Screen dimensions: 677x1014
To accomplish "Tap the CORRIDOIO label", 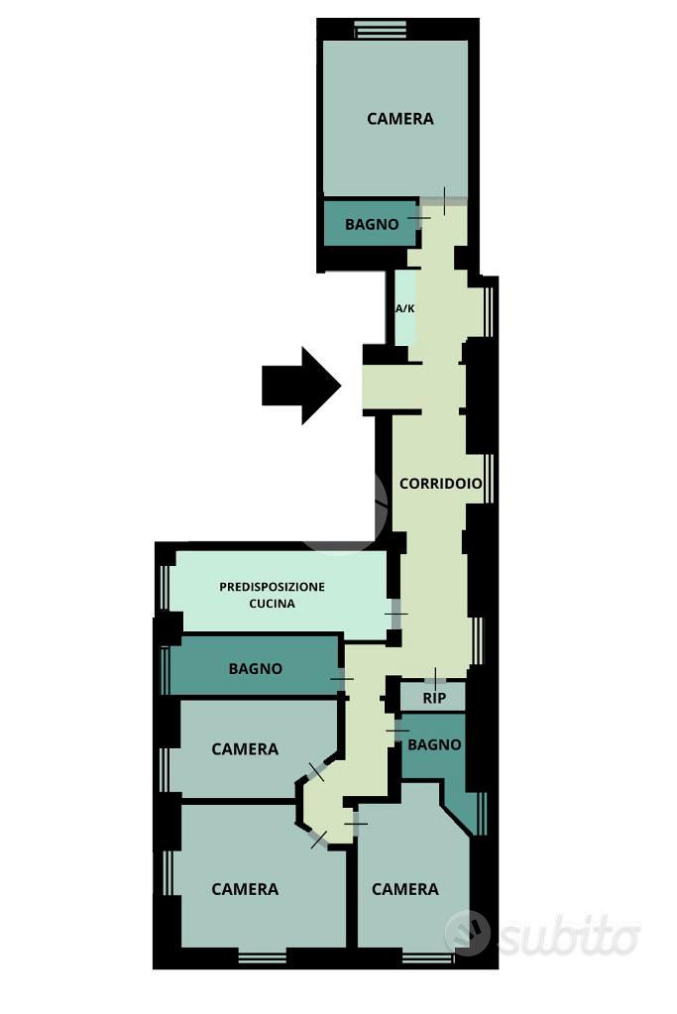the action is click(x=440, y=483).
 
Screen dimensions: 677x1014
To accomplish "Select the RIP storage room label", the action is click(x=434, y=699).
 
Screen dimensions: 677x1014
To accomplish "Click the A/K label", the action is click(x=405, y=308).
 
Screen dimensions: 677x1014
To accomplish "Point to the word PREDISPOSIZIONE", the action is click(x=272, y=587).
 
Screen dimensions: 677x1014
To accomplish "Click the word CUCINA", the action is click(x=272, y=604).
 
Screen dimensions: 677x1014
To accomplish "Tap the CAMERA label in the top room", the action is click(x=400, y=119).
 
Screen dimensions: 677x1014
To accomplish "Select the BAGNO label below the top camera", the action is click(x=372, y=224).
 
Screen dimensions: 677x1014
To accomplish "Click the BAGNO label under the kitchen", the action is click(x=256, y=668).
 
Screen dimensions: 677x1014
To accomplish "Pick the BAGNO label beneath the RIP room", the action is click(x=434, y=745).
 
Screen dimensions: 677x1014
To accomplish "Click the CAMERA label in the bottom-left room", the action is click(x=245, y=889).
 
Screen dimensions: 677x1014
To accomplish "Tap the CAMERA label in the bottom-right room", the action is click(x=404, y=889).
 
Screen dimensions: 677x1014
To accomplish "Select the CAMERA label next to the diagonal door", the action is click(x=245, y=749).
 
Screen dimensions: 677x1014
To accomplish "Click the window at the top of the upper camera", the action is click(x=381, y=29).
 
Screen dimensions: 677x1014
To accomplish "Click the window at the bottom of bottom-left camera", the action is click(x=262, y=958).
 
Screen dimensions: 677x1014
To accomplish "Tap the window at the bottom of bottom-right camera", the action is click(x=428, y=958).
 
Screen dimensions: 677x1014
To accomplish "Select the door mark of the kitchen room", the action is click(x=395, y=613).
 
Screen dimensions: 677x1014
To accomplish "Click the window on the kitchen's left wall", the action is click(x=165, y=586).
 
